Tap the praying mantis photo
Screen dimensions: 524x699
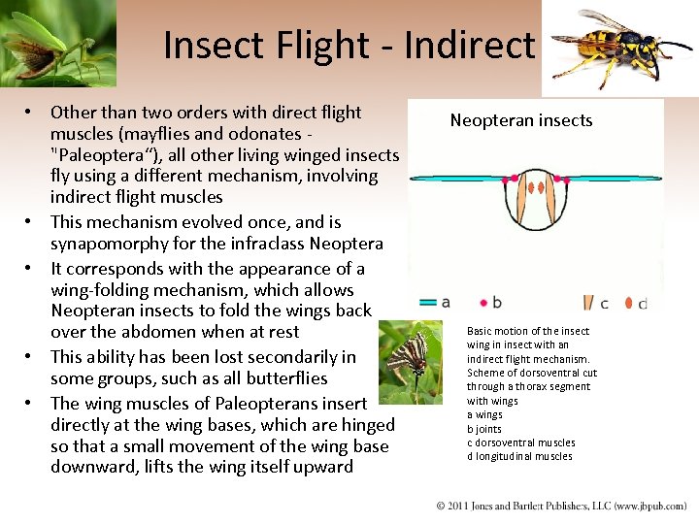(56, 44)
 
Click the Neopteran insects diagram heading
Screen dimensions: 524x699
(520, 120)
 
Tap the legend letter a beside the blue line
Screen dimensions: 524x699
(445, 302)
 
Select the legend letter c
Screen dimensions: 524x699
(604, 303)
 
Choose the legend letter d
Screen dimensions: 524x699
(642, 304)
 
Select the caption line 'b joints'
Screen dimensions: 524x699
(484, 429)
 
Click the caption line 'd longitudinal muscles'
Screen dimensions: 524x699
(519, 456)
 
